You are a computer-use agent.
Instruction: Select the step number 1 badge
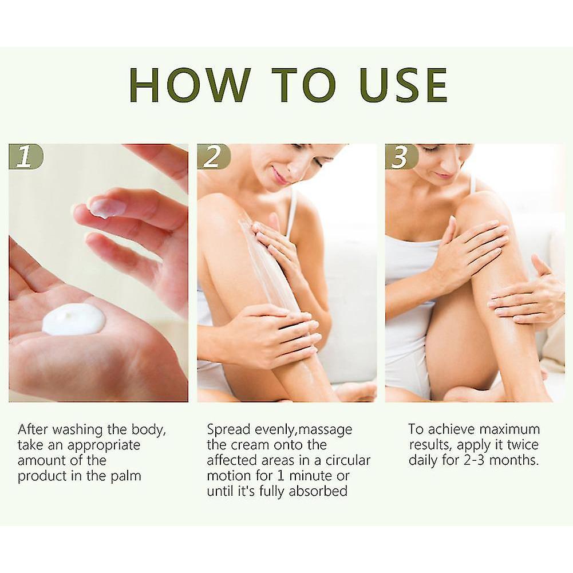[x=26, y=156]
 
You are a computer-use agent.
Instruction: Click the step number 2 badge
[x=214, y=156]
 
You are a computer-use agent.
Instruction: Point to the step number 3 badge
[x=402, y=156]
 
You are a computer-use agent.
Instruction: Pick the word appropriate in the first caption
[x=104, y=446]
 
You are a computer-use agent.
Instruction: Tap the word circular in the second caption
[x=348, y=460]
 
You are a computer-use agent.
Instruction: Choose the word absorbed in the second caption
[x=318, y=491]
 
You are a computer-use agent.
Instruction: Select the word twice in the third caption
[x=523, y=445]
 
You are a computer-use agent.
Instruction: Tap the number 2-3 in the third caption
[x=474, y=460]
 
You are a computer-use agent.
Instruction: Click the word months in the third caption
[x=514, y=460]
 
